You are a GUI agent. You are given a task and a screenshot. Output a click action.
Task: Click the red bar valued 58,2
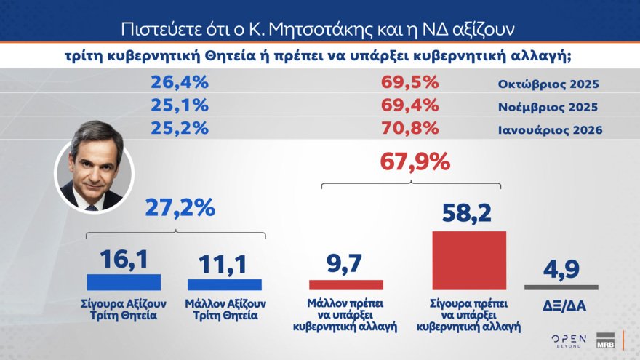tap(469, 261)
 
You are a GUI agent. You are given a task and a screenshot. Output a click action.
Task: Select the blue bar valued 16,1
tap(124, 282)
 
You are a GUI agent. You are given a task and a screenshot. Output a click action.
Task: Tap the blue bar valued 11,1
tap(225, 284)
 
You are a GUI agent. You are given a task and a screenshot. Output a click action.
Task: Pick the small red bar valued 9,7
tap(346, 285)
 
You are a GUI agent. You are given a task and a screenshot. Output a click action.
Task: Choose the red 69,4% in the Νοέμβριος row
tap(410, 106)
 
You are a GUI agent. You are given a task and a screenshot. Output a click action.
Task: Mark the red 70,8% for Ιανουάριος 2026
tap(410, 129)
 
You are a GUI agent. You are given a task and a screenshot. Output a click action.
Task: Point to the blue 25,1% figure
tap(180, 106)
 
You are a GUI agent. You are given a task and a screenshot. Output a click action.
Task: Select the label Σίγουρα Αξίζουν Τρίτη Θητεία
tap(124, 309)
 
